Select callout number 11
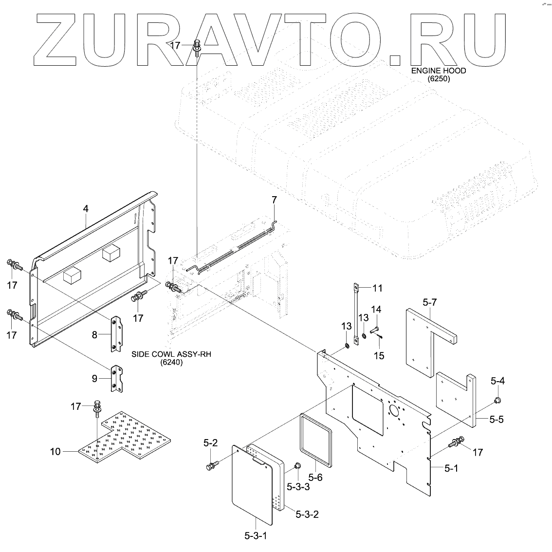coord(377,288)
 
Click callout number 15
coord(379,356)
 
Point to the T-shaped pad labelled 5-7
coord(428,341)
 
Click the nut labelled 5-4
coord(497,400)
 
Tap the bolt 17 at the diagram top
coord(197,47)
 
